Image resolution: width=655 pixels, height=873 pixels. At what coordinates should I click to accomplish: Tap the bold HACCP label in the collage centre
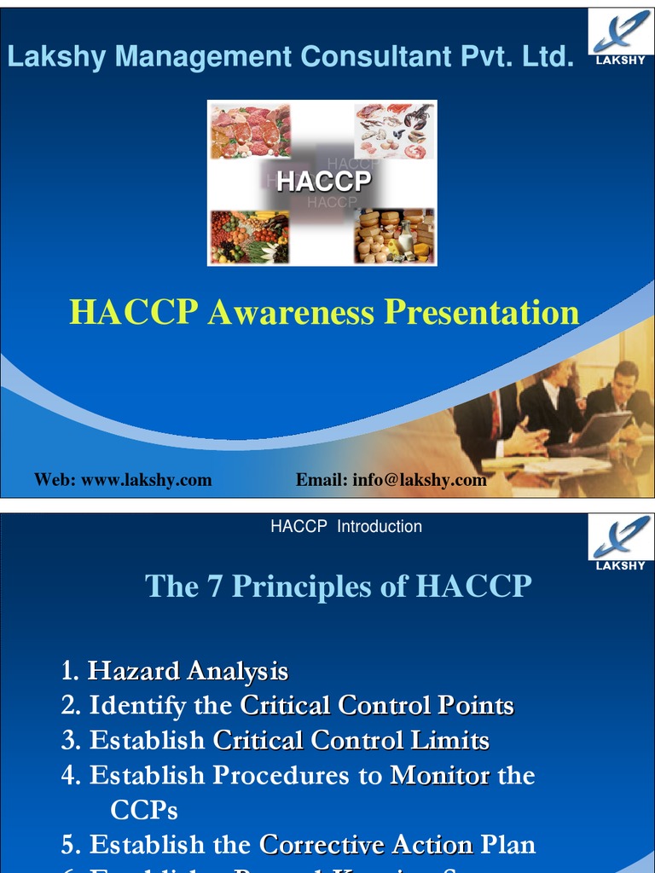pos(324,182)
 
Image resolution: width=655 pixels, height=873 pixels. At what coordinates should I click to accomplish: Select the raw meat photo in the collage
pos(251,131)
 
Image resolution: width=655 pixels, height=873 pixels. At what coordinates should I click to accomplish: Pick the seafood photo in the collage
pos(394,131)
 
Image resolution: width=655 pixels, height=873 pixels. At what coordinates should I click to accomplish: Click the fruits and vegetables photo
pos(250,236)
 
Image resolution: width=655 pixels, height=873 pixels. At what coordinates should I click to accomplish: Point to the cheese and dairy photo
pos(394,236)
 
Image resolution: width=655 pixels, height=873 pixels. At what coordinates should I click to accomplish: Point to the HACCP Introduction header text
pos(345,527)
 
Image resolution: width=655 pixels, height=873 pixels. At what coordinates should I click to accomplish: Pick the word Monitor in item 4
pos(440,775)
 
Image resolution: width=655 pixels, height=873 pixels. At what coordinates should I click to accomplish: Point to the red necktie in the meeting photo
pos(495,414)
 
